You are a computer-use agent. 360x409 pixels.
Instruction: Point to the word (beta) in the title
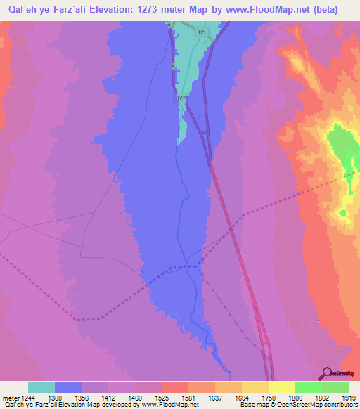click(323, 10)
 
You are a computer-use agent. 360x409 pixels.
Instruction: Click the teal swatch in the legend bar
click(41, 387)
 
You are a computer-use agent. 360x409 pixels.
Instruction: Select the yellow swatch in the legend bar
click(282, 387)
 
